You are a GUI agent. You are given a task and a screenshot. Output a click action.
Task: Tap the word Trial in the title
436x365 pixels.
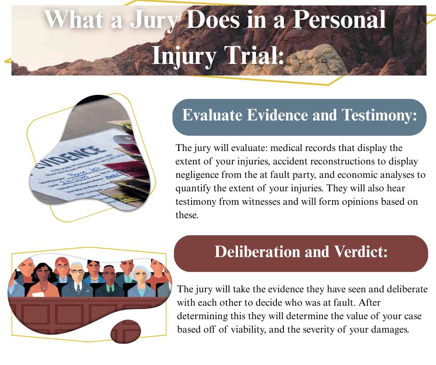pyautogui.click(x=252, y=56)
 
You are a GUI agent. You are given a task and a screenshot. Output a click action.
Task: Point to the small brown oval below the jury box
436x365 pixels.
pyautogui.click(x=125, y=332)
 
